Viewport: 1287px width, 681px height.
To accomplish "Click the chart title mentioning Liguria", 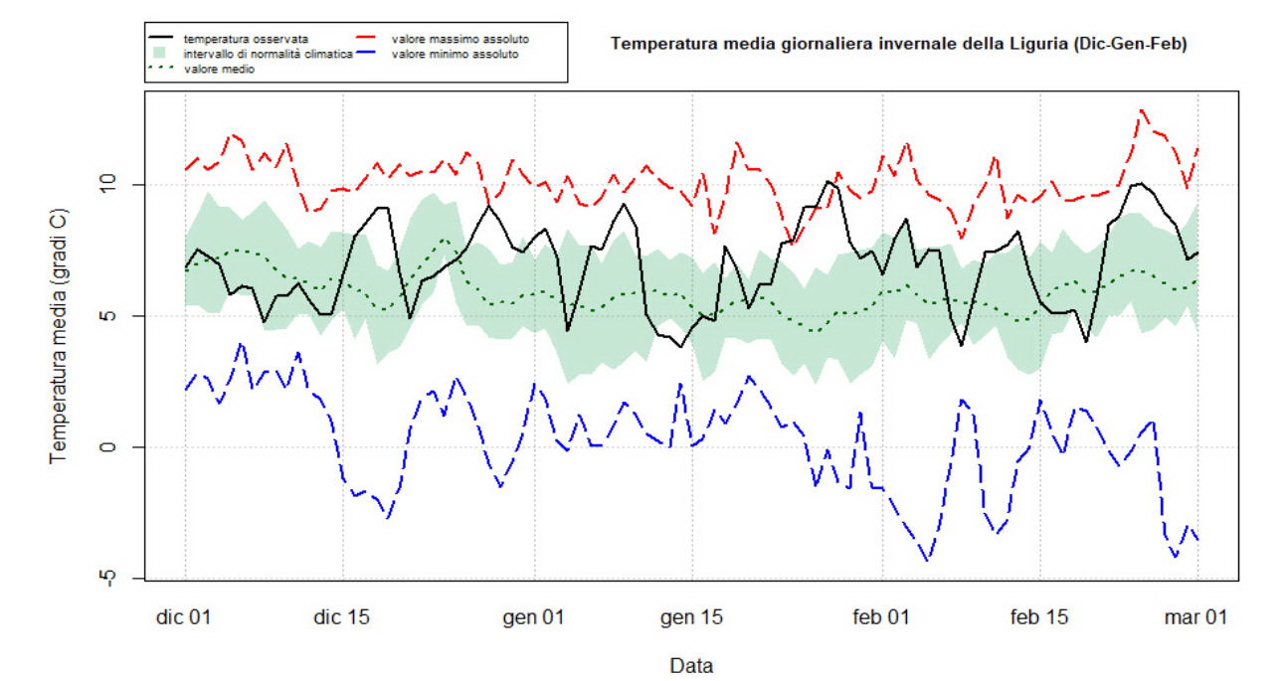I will [898, 44].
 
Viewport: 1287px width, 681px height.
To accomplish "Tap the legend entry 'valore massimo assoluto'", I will [460, 39].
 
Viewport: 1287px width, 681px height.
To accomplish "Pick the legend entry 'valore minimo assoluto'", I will [455, 54].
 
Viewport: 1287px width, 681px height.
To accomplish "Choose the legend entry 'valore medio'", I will [219, 69].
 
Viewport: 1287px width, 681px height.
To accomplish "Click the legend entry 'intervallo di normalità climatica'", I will [269, 54].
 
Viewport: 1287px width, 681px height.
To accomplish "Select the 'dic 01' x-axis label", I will [185, 617].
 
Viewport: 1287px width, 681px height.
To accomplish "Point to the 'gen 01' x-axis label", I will [534, 617].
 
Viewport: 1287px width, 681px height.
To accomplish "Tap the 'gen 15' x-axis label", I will [692, 617].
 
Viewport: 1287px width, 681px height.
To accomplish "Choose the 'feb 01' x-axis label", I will [882, 617].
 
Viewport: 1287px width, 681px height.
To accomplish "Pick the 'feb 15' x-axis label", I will [1040, 617].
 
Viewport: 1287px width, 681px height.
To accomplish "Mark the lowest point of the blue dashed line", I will [928, 561].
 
